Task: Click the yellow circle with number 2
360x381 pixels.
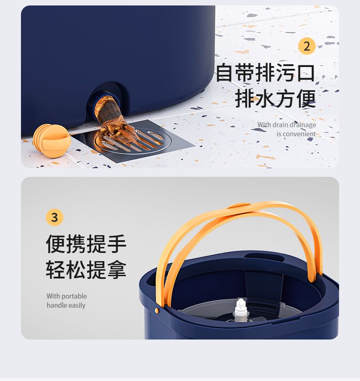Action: click(307, 46)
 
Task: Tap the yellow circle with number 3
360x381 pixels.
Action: click(54, 217)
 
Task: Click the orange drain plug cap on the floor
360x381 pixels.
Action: click(52, 140)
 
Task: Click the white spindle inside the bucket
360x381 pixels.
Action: click(240, 309)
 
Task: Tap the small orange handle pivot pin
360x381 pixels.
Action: click(157, 310)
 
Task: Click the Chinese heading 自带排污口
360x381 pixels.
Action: click(265, 72)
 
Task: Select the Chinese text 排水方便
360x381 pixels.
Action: click(275, 98)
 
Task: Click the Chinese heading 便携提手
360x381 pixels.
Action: click(86, 244)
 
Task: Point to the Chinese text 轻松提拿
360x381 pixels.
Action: click(86, 269)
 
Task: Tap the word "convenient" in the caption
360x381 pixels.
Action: click(299, 134)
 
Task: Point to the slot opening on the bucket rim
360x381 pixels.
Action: click(264, 257)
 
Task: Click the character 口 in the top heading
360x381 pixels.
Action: click(306, 72)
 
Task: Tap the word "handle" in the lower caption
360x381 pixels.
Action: click(54, 305)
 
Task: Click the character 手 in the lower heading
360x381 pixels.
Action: click(117, 244)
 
